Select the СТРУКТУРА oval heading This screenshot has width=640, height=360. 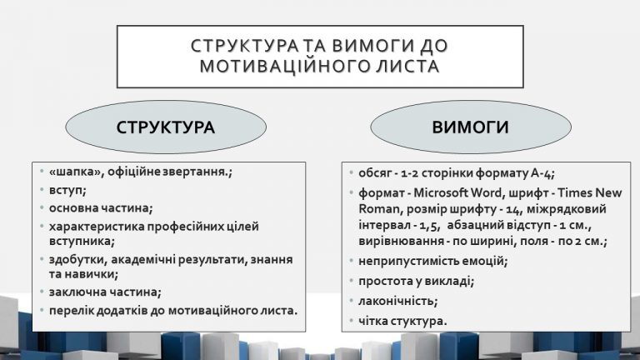[x=166, y=127]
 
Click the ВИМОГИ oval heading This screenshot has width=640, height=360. [x=470, y=127]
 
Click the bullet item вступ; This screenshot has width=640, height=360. [x=67, y=190]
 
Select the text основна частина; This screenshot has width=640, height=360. [x=101, y=208]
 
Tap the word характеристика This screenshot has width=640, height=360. [x=97, y=226]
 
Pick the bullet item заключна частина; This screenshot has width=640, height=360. [x=105, y=292]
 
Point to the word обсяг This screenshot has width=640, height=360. [x=375, y=173]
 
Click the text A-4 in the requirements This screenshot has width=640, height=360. [x=542, y=173]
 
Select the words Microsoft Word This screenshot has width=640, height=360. [x=457, y=192]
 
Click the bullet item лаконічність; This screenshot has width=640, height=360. [x=398, y=301]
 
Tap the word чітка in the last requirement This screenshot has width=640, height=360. [x=372, y=321]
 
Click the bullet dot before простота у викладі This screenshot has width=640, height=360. [x=351, y=280]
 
